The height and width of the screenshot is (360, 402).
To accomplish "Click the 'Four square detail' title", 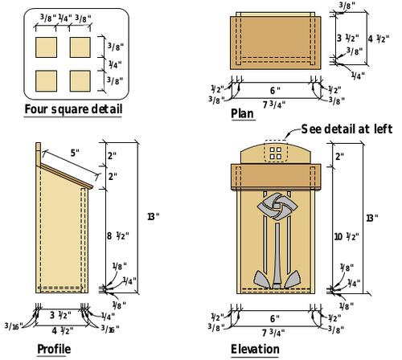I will [73, 109].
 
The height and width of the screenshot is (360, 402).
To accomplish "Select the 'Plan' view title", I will [242, 114].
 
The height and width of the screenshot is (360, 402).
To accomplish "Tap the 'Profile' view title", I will [53, 349].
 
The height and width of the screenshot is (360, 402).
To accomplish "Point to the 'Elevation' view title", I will [255, 349].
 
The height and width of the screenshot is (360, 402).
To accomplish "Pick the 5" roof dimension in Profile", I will [75, 152].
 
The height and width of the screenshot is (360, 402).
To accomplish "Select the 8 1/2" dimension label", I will [116, 236].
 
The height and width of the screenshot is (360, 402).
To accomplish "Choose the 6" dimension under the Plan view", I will [273, 90].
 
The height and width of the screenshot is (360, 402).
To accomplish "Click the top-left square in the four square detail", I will [48, 47].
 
